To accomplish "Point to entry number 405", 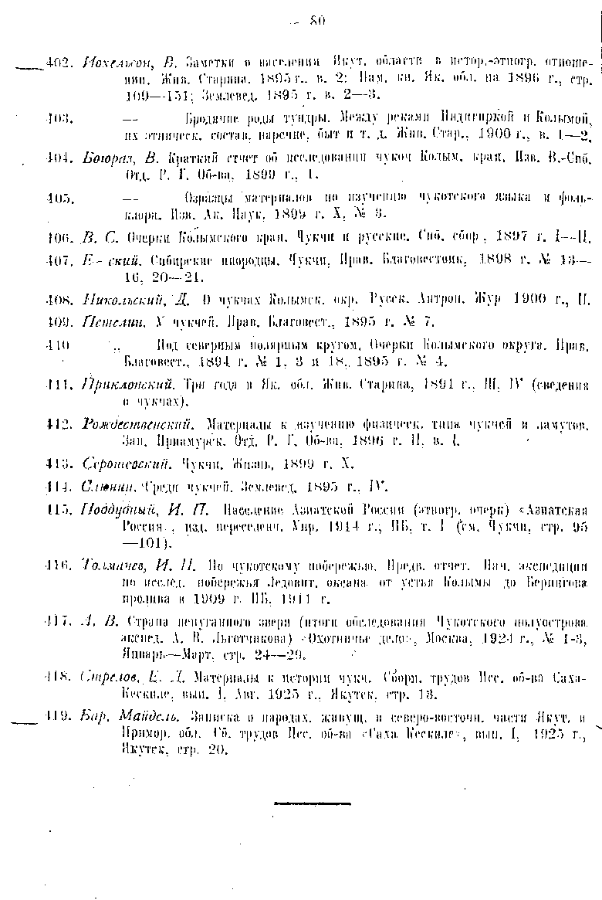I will click(x=59, y=198).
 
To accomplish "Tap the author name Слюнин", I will click(x=107, y=487).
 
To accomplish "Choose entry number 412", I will click(x=59, y=424).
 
